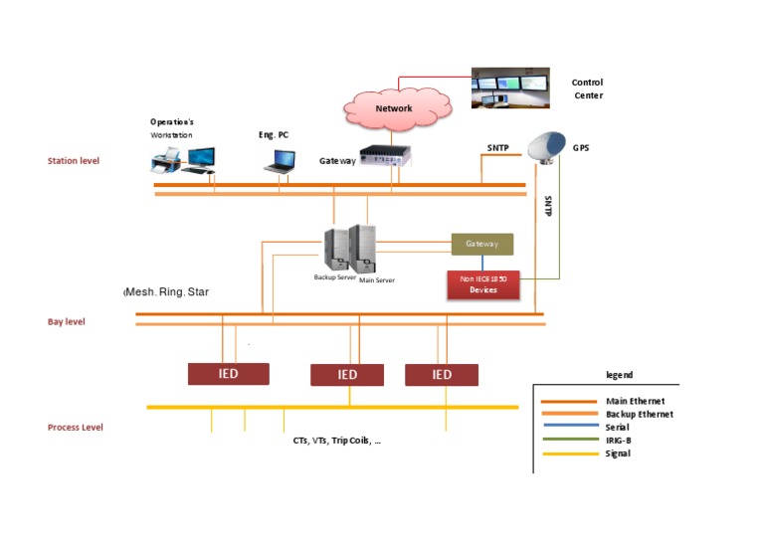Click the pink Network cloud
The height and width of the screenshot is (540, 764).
tap(397, 109)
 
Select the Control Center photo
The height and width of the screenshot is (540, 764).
tap(510, 88)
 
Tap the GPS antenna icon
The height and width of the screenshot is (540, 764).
tap(547, 147)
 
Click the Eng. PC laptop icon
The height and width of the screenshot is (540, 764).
tap(280, 162)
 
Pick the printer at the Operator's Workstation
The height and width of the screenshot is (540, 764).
tap(166, 161)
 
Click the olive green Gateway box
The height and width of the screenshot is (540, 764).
tap(481, 244)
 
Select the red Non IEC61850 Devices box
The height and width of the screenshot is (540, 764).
tap(483, 284)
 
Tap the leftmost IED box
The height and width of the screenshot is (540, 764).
tap(229, 374)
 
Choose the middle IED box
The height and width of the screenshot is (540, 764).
tap(347, 375)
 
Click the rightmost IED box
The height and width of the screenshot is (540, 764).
tap(442, 375)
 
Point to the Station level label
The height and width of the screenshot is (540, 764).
tap(74, 161)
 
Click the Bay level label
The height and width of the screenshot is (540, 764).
tap(67, 322)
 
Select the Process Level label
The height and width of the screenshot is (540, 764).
tap(75, 428)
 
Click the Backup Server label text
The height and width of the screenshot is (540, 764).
tap(334, 277)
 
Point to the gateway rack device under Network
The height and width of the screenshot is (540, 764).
tap(385, 156)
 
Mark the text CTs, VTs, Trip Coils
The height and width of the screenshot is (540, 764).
tap(332, 441)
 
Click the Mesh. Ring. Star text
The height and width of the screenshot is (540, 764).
tap(167, 292)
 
